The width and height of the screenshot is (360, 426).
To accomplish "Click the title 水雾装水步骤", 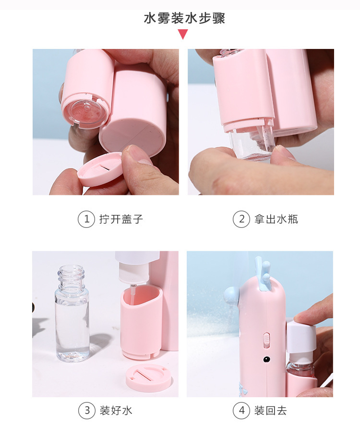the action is [x=184, y=19].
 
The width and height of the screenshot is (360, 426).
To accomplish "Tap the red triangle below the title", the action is [x=183, y=34].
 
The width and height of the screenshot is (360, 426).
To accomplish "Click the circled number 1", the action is [x=86, y=219].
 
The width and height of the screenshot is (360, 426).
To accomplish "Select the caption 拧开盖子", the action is [x=121, y=219].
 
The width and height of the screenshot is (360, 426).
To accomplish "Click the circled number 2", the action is [x=241, y=219].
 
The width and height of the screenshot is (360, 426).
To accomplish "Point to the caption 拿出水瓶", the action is [x=276, y=219].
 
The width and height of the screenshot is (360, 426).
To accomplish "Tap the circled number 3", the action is [x=87, y=410].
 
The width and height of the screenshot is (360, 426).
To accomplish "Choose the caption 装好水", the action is [x=116, y=410].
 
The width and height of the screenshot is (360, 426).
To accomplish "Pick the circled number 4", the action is [x=242, y=410].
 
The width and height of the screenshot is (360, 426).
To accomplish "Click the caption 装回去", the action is [x=271, y=410].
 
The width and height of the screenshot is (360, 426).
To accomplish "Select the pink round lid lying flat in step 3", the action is [x=149, y=378].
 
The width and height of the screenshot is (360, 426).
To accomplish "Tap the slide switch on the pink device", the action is [x=267, y=340].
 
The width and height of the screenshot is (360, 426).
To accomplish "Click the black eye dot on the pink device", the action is [x=267, y=359].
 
